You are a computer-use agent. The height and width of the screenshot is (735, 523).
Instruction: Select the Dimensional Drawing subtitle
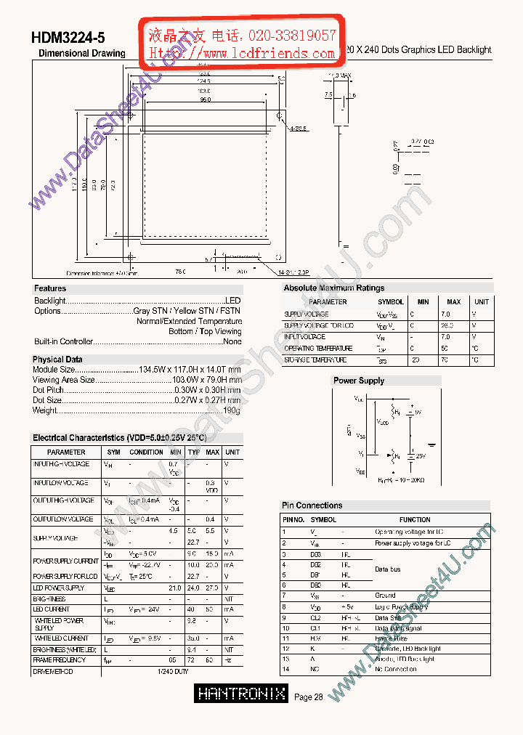pos(81,54)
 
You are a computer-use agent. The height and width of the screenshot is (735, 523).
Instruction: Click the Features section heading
pos(50,288)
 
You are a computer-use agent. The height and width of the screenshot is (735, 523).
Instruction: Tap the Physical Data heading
pos(57,360)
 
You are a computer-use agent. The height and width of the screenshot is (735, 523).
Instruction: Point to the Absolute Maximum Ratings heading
pos(333,288)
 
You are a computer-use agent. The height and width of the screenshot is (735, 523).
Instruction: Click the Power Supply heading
pos(358,381)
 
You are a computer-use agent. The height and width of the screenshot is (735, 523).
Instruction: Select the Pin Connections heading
pos(312,505)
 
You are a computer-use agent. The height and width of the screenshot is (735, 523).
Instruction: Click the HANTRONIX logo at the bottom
pos(242,695)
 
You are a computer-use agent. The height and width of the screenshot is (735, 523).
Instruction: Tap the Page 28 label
pos(309,697)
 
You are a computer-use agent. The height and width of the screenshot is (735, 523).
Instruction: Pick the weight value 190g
pos(232,410)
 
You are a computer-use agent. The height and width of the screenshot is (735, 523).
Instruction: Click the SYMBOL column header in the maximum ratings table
pos(391,301)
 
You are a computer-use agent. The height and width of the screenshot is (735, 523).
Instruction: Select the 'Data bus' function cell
pos(387,569)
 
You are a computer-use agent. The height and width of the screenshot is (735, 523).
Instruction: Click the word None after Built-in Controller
pos(232,341)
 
